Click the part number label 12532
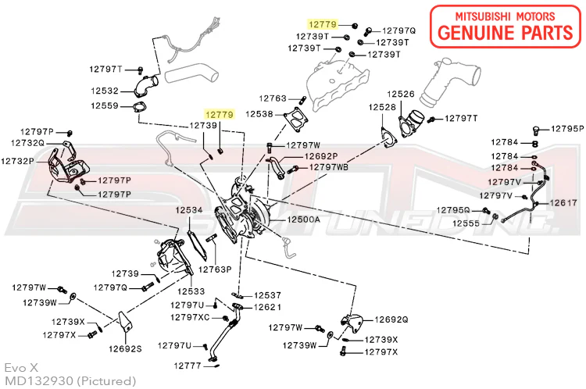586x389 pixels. pos(104,91)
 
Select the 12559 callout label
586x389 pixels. pos(104,105)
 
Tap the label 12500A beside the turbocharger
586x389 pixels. pos(303,220)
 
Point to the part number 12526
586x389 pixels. pos(401,94)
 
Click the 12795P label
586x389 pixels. pos(566,128)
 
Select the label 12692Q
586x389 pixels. pos(391,319)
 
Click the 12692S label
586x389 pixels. pos(125,349)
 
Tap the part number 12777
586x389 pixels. pos(188,365)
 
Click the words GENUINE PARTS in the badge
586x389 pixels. pos(506,33)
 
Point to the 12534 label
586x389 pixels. pos(188,211)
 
